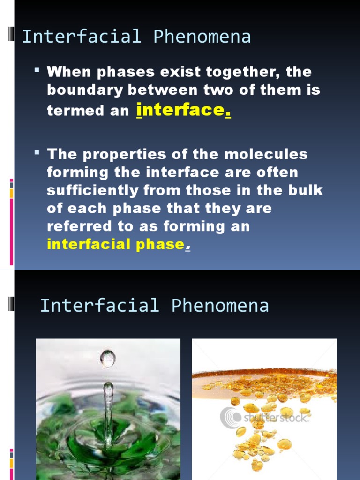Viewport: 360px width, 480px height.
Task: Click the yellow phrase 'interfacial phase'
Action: click(115, 244)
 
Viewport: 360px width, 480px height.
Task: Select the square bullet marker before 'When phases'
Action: click(37, 70)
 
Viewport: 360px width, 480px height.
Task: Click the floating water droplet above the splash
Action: click(108, 359)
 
